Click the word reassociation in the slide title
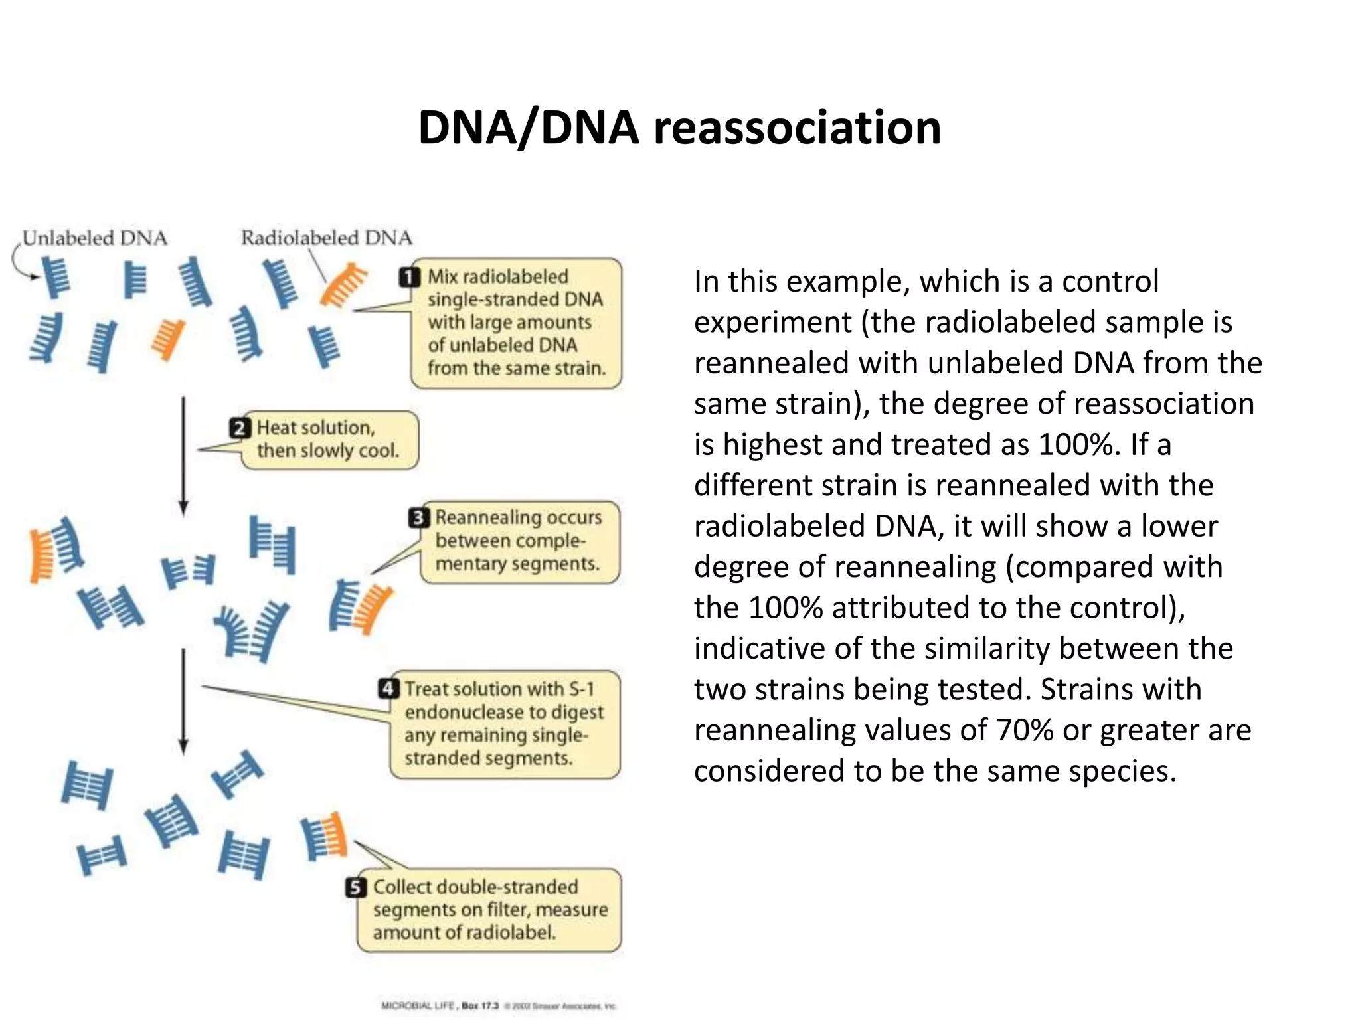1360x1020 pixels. [797, 127]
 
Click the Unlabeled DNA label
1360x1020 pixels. [95, 238]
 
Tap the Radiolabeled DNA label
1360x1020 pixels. [326, 238]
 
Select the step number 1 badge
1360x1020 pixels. [410, 277]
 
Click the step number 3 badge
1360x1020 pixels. [418, 517]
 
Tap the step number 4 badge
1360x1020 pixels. [388, 689]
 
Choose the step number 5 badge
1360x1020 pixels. [356, 887]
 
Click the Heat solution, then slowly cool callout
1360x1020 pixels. [329, 440]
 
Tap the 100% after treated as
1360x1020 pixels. [1076, 444]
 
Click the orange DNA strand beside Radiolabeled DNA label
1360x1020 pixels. [342, 284]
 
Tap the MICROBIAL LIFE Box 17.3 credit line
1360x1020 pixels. [498, 1005]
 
